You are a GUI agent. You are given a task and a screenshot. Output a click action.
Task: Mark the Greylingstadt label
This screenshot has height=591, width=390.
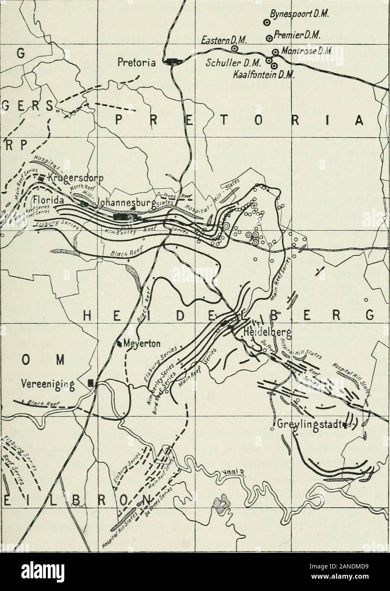point(309,425)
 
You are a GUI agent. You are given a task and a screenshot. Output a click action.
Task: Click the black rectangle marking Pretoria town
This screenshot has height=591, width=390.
point(173,61)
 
